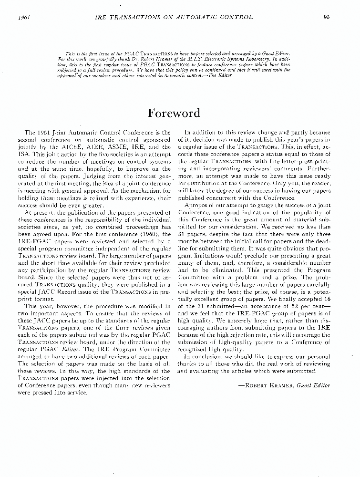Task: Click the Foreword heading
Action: [x=174, y=113]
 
